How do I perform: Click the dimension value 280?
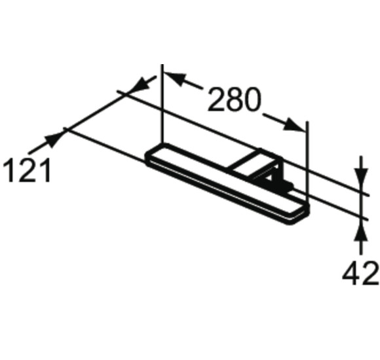pyautogui.click(x=235, y=100)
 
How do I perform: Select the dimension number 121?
pyautogui.click(x=27, y=171)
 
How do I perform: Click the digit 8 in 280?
pyautogui.click(x=235, y=100)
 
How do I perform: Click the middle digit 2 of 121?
pyautogui.click(x=27, y=171)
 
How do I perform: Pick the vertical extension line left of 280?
pyautogui.click(x=161, y=105)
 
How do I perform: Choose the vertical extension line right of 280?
pyautogui.click(x=307, y=157)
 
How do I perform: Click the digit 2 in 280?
pyautogui.click(x=217, y=100)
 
